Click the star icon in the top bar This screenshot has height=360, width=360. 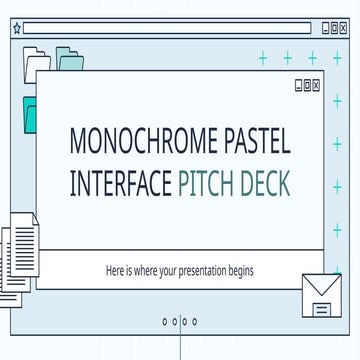pos(16,29)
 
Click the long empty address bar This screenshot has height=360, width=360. pos(170,29)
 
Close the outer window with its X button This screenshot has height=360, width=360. pos(344,29)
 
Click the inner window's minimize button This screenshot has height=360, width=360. pos(298,85)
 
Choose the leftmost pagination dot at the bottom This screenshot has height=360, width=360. pos(164,322)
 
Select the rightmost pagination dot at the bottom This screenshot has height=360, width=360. pos(195,322)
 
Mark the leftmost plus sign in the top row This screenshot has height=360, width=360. pos(264,58)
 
